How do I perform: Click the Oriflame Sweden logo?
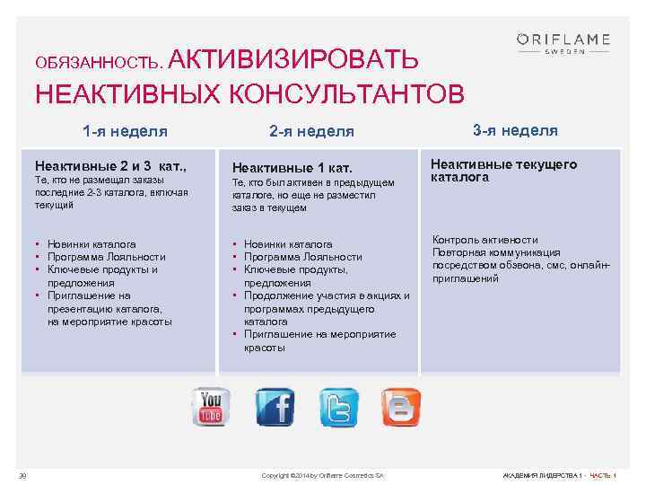[563, 43]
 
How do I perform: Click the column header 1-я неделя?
[125, 131]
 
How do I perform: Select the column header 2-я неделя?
[311, 131]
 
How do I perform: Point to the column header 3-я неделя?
[515, 130]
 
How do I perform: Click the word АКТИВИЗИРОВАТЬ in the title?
[292, 60]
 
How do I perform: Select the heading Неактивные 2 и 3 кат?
[109, 166]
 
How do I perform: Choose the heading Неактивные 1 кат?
[292, 168]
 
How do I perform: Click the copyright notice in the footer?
[322, 474]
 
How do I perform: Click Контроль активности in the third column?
[485, 240]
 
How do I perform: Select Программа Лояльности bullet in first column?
[106, 257]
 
